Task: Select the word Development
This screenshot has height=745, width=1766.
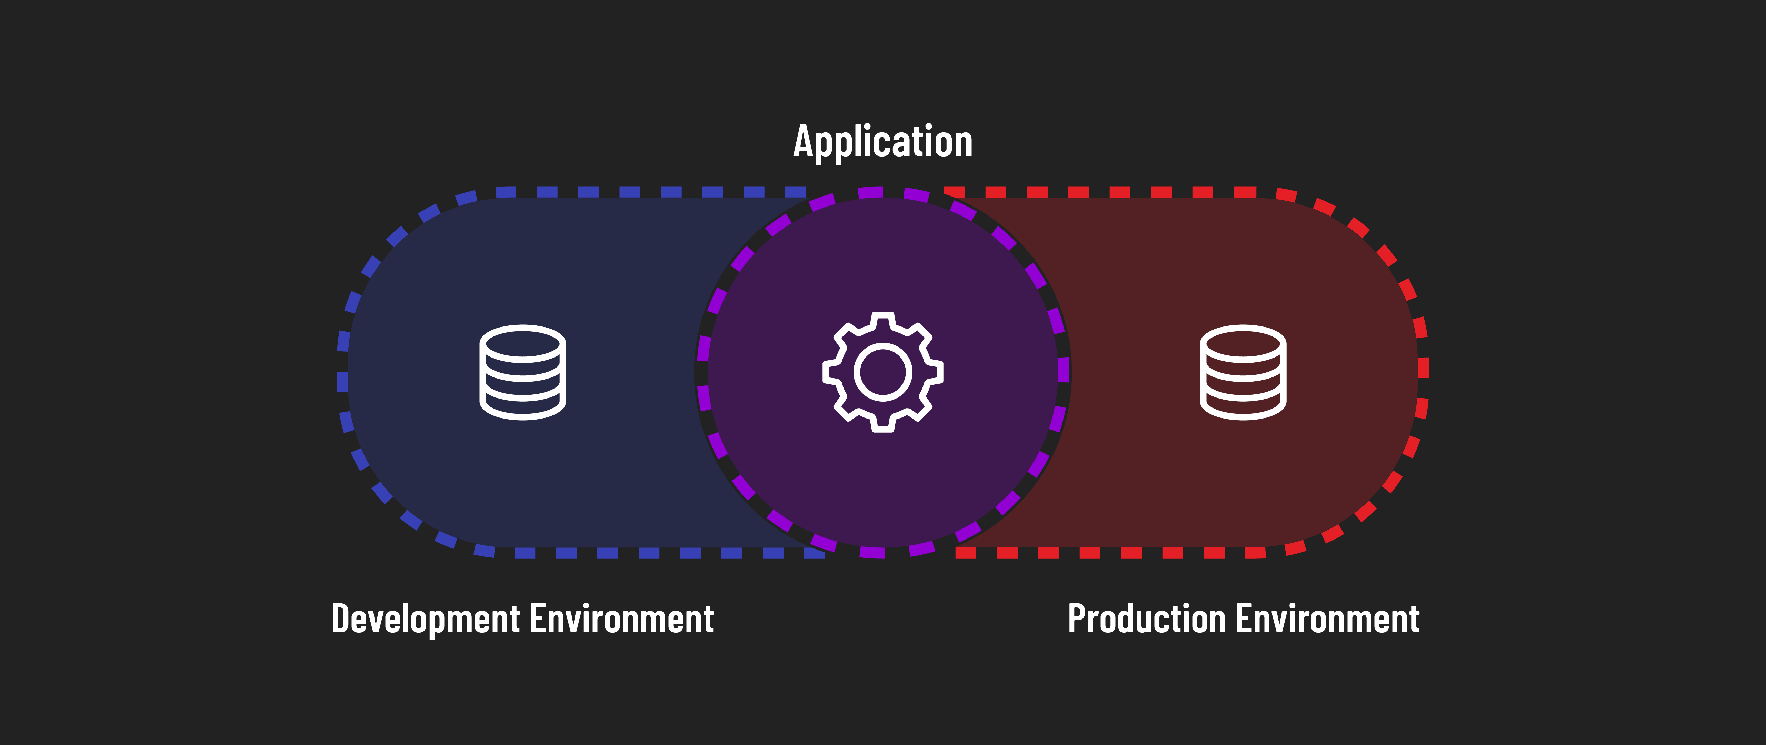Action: [426, 619]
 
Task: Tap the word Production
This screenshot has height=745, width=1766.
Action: [1146, 619]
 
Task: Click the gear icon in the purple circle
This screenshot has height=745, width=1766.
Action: [883, 372]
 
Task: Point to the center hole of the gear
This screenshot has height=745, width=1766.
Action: [883, 372]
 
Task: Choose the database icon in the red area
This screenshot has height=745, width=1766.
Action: [1243, 372]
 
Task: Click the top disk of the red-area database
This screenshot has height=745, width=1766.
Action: [1243, 343]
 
